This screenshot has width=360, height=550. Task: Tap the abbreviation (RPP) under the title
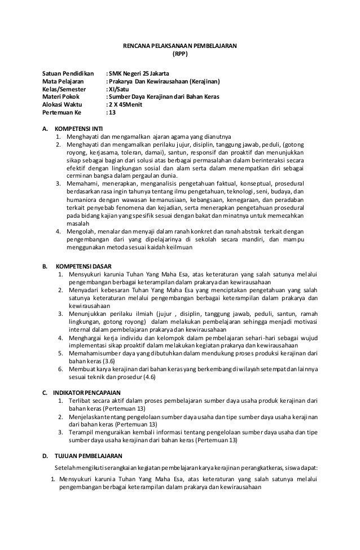click(x=180, y=55)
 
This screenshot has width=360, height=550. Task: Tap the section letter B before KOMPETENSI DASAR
click(x=45, y=265)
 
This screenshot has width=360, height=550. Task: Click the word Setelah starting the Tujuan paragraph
click(x=65, y=468)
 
